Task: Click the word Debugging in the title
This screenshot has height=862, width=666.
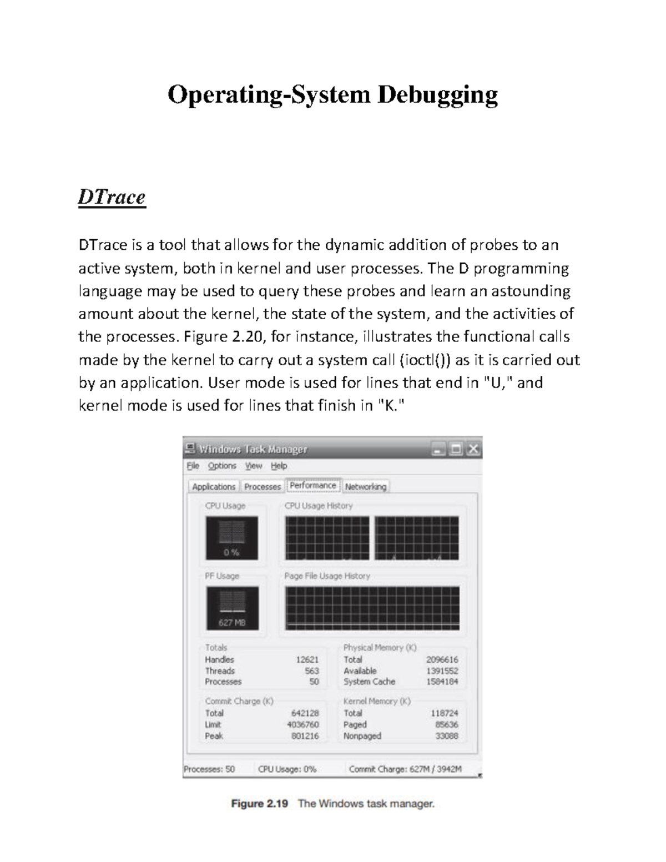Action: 438,95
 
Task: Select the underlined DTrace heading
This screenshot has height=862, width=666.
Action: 112,197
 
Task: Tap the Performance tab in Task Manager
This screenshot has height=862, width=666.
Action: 313,486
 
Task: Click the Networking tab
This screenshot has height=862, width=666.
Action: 365,487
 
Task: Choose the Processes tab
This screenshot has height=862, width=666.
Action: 262,487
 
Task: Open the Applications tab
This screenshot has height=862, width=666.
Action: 214,487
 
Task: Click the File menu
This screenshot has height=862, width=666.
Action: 193,466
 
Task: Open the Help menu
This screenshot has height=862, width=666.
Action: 279,466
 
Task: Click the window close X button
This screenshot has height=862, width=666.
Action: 473,449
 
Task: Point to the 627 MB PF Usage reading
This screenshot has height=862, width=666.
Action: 232,622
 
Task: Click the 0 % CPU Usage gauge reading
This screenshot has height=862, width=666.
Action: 231,552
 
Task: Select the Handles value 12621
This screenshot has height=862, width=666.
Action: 307,659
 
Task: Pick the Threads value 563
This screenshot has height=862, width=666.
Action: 312,671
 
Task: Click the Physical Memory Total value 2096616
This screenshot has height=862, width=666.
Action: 442,659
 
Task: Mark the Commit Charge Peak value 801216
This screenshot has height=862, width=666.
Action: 305,736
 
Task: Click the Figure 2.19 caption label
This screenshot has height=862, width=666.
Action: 260,804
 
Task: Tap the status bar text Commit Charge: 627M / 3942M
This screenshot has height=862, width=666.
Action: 405,769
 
